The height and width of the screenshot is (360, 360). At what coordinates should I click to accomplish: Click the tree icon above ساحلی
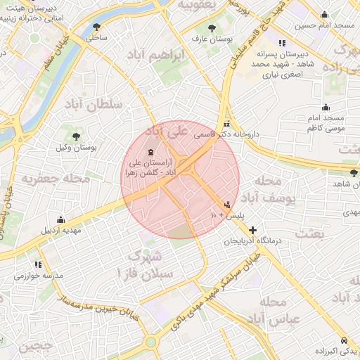pos(96,27)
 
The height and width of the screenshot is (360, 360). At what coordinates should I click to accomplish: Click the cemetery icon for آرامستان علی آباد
pos(152,153)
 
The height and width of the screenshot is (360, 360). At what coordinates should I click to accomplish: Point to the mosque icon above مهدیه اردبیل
pos(60,219)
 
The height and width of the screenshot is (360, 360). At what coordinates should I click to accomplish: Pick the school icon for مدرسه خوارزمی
pos(37,265)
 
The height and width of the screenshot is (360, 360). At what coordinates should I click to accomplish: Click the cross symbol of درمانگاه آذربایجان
pos(252,230)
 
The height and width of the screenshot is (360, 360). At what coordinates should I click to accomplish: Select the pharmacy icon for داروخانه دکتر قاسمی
pos(226,122)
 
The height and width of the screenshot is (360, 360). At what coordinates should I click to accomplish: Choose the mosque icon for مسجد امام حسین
pos(324,15)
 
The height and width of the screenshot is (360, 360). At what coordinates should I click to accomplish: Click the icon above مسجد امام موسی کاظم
pos(326,108)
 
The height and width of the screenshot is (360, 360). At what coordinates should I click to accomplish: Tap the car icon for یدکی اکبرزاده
pos(343,339)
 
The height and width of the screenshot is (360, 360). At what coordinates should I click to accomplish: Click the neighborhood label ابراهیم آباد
pos(156,54)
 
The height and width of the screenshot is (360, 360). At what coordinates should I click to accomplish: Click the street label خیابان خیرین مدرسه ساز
pos(96,304)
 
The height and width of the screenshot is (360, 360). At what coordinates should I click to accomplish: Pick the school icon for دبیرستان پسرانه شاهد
pos(282,43)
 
